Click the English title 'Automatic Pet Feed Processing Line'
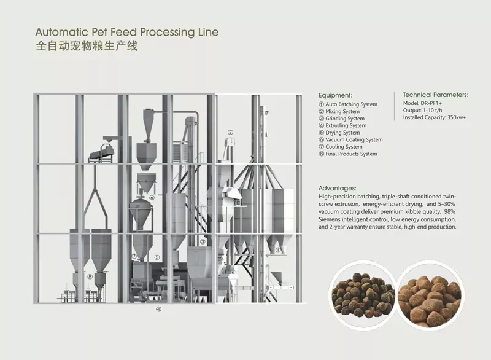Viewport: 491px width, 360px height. pos(126,32)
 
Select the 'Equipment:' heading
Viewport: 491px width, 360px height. pos(335,95)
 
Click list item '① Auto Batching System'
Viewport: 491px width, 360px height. pos(348,104)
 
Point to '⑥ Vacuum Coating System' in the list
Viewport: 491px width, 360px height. pos(350,139)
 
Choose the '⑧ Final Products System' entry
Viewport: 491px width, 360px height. pos(348,154)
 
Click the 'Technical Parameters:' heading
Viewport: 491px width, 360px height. pos(435,95)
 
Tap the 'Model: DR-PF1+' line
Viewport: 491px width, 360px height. pos(423,104)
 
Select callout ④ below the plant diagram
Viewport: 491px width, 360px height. pos(158,310)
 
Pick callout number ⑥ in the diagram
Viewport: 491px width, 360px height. pos(151,198)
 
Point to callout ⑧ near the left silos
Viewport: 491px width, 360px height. pos(90,277)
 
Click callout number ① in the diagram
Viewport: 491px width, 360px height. pos(278,250)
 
